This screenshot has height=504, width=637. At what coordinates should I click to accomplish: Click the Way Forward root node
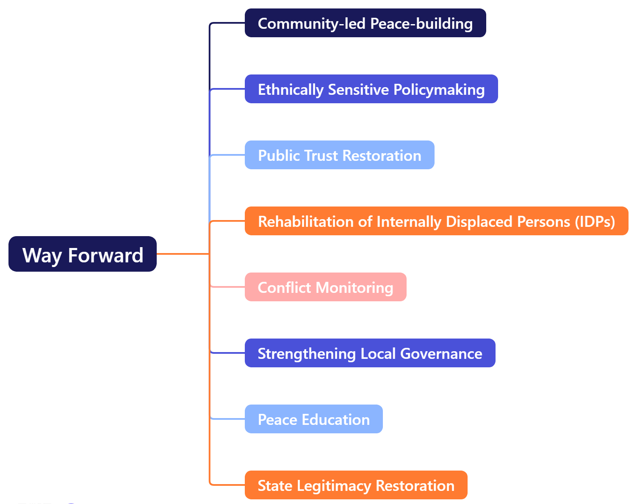point(82,254)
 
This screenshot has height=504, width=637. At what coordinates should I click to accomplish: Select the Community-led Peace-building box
point(365,23)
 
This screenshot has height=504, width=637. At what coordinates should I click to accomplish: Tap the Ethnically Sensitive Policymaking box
point(371,89)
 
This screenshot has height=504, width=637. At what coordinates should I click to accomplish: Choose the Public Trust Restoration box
point(339,155)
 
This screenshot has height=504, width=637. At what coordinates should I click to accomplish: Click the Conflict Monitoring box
point(325,287)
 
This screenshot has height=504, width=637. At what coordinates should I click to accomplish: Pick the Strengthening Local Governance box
point(370,353)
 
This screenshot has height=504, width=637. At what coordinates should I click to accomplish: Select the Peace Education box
point(313,419)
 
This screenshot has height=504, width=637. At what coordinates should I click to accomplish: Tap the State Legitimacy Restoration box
point(356,485)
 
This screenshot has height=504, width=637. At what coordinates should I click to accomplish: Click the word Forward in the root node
point(105,255)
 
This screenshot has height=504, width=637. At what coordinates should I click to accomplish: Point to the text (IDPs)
point(595,221)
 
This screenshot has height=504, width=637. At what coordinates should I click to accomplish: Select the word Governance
point(441,353)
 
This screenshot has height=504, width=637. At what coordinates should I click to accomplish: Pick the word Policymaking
point(439,90)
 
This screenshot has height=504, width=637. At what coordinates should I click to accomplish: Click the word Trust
point(321,155)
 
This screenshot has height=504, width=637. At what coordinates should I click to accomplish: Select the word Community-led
point(312,23)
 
